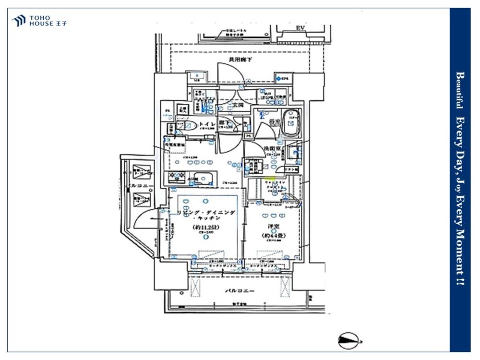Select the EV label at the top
point(301,27)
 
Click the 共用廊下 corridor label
point(240,60)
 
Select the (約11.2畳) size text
point(204,227)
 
